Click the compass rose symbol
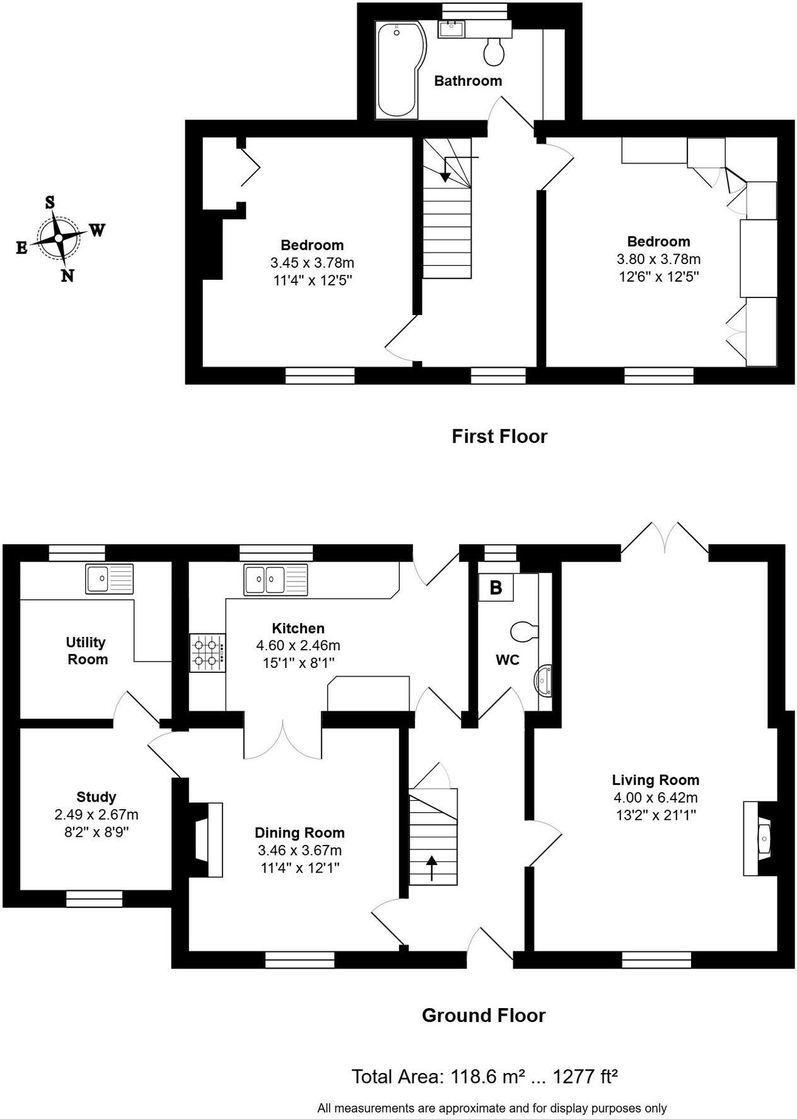point(59,238)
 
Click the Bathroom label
point(468,81)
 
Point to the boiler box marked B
point(496,587)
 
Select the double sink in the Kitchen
point(275,580)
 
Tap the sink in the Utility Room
point(109,578)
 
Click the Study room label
point(96,797)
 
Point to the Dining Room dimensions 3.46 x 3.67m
point(300,850)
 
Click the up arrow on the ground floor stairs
point(432,867)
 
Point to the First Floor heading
point(499,436)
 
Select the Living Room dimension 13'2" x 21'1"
point(656,815)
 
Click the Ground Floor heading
point(483,1015)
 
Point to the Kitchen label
point(298,628)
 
